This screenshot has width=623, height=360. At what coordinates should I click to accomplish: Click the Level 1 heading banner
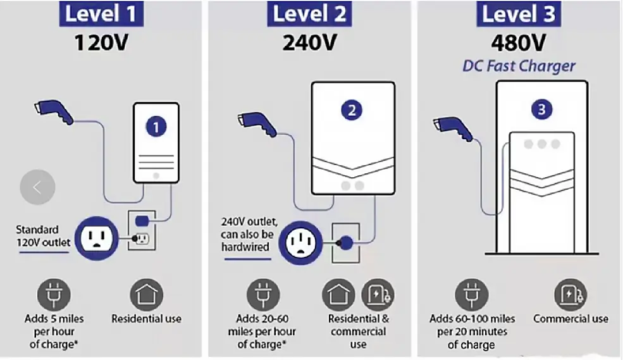(101, 13)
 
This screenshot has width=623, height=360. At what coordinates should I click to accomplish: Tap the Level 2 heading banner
(309, 13)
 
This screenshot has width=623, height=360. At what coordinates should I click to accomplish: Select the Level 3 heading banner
(519, 13)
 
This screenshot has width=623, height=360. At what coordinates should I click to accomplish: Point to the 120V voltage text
(101, 42)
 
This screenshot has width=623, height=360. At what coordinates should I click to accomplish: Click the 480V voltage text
(519, 42)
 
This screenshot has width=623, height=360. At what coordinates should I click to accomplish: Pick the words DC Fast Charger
(519, 66)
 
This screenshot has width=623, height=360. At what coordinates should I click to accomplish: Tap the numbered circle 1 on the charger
(156, 127)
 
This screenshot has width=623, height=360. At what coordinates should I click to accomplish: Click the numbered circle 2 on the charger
(352, 110)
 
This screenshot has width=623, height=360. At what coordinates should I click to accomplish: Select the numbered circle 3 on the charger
(541, 109)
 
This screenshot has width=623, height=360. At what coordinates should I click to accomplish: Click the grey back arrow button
(37, 187)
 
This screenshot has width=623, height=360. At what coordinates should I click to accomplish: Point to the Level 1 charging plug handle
(54, 111)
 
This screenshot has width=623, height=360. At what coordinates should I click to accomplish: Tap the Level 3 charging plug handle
(453, 128)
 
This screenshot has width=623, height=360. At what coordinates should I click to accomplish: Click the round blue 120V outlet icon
(97, 239)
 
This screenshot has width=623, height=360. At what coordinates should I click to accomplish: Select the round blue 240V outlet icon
(301, 243)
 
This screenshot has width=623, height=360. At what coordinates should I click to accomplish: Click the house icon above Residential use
(147, 295)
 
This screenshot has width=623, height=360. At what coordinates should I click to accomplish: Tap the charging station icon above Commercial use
(571, 295)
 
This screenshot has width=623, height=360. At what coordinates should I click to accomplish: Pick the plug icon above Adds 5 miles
(54, 295)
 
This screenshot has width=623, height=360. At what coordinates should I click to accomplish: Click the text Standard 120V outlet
(43, 236)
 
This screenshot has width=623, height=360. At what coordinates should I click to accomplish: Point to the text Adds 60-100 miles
(472, 319)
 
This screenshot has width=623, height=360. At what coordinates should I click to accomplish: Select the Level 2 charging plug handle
(257, 124)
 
